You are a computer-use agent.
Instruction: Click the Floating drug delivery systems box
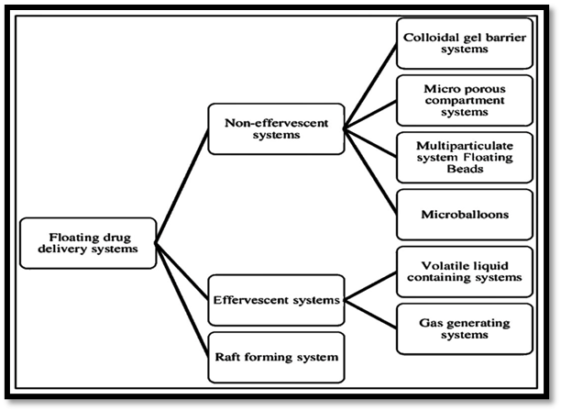pos(89,243)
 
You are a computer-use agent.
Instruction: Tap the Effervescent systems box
pos(262,298)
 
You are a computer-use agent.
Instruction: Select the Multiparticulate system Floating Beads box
pos(466,158)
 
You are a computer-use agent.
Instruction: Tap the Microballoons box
pos(466,215)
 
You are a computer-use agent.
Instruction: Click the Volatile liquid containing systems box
pos(466,272)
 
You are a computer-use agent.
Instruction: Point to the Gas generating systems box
pos(466,328)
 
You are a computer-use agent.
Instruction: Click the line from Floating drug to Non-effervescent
pos(181,187)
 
